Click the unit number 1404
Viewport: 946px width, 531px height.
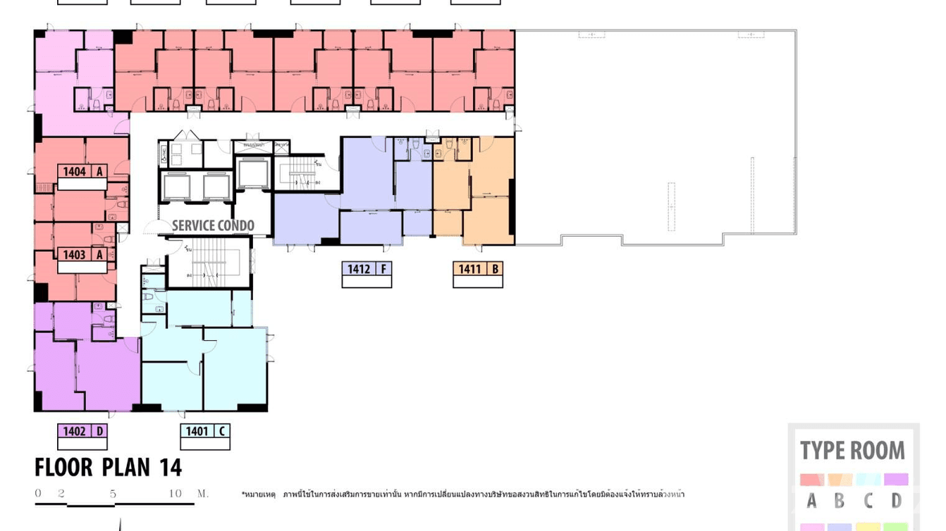(74, 172)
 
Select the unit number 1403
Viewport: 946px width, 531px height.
(74, 255)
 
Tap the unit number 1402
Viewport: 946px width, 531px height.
(74, 432)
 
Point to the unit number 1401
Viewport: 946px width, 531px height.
(197, 432)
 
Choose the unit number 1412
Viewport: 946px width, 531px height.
(359, 269)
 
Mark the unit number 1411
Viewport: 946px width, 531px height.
(469, 269)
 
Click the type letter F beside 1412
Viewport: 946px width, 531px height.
(383, 269)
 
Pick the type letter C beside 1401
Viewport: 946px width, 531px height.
(221, 432)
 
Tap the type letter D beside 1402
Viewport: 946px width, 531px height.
(99, 432)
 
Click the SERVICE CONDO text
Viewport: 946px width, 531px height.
(213, 226)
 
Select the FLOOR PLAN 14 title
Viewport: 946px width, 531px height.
(108, 468)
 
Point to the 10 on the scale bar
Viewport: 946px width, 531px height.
(175, 494)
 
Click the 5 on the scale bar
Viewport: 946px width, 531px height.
(113, 494)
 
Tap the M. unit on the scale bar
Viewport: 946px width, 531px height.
(202, 494)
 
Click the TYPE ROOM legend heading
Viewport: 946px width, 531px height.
(852, 451)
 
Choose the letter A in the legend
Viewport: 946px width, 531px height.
(811, 501)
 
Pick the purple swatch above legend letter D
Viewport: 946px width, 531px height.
(895, 480)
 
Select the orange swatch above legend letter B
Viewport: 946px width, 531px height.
(840, 480)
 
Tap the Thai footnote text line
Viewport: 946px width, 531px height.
(462, 494)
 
